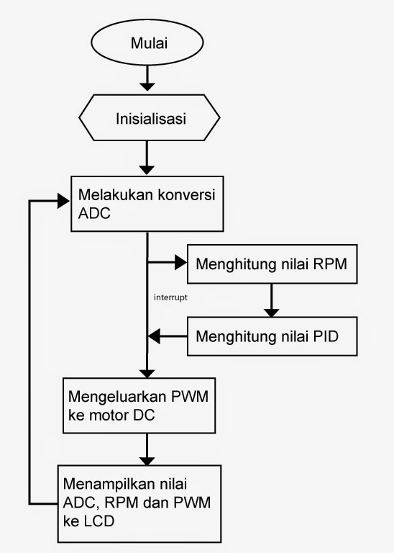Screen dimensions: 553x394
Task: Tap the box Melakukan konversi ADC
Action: [x=147, y=204]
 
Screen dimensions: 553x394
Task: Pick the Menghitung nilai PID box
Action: [x=272, y=336]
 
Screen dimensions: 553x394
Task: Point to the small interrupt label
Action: [x=170, y=296]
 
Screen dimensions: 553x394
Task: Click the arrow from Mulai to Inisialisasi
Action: [x=147, y=76]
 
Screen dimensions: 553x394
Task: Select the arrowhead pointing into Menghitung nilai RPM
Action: [x=180, y=264]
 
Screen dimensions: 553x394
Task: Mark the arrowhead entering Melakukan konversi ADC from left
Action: [x=63, y=201]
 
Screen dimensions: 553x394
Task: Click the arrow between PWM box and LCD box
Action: [x=147, y=449]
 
